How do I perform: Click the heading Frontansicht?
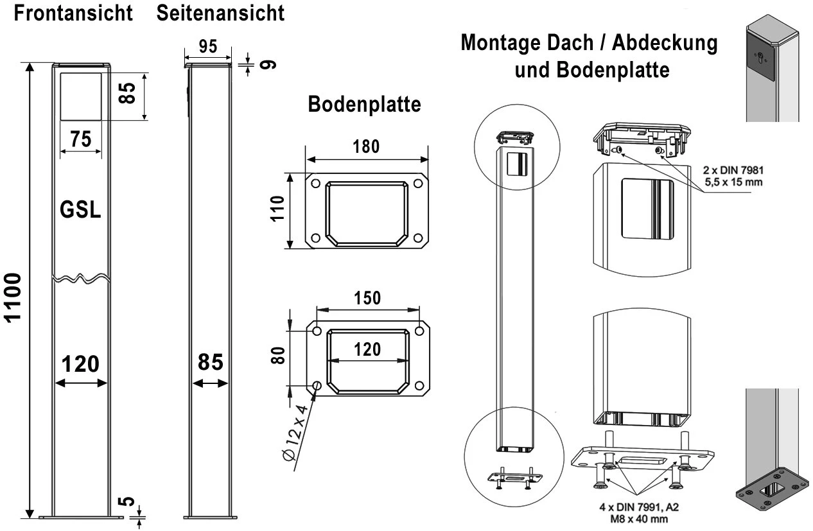pyautogui.click(x=73, y=12)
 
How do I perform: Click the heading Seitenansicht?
pyautogui.click(x=220, y=12)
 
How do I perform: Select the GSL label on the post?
pyautogui.click(x=80, y=210)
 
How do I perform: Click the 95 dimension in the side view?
pyautogui.click(x=207, y=46)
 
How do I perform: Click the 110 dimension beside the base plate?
pyautogui.click(x=277, y=209)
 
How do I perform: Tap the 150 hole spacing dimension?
pyautogui.click(x=367, y=299)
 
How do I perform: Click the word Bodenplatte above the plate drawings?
pyautogui.click(x=365, y=105)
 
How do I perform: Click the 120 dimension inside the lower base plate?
pyautogui.click(x=367, y=349)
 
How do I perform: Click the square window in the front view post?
pyautogui.click(x=80, y=96)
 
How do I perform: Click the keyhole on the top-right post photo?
pyautogui.click(x=762, y=57)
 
